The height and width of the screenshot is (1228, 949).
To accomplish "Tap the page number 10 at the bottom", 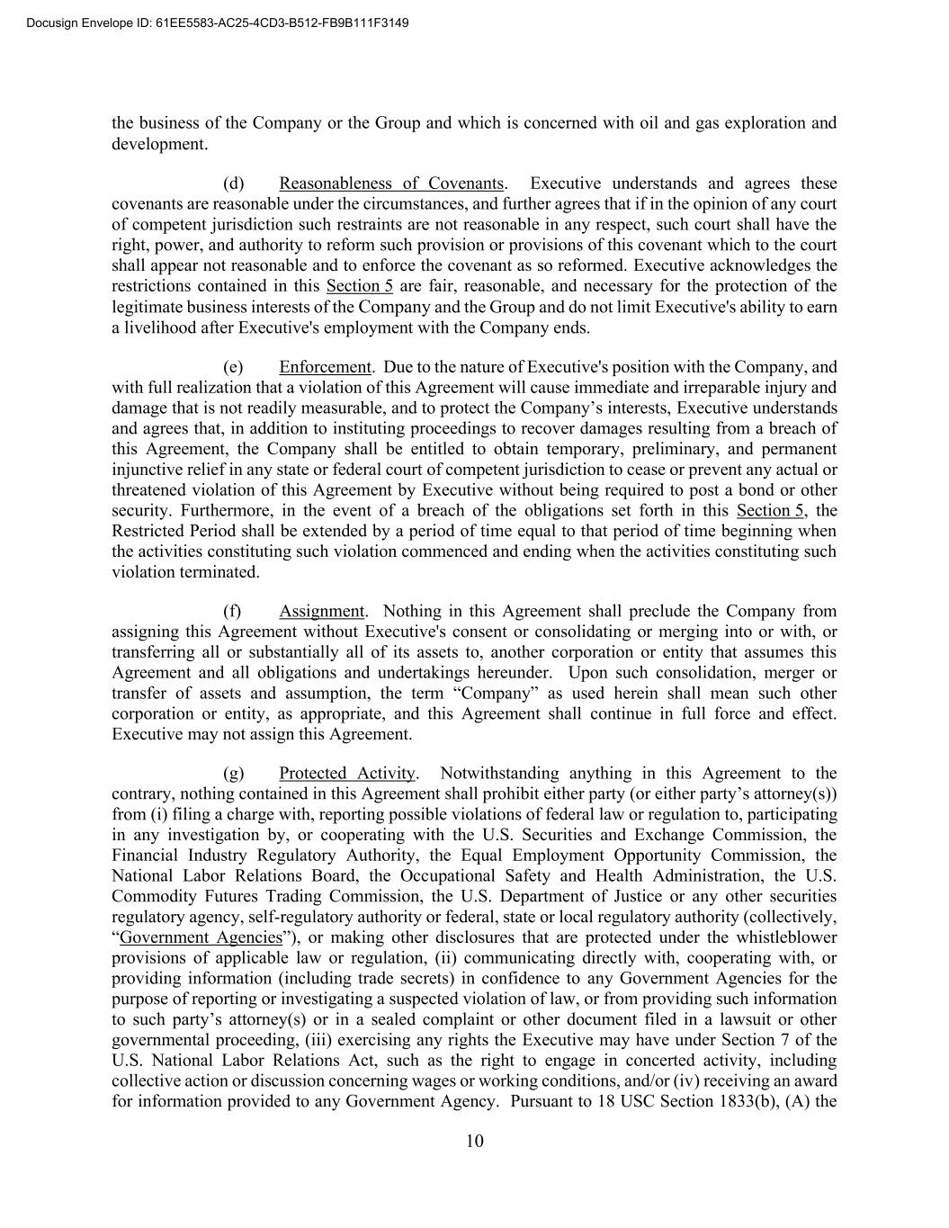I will (x=475, y=1142).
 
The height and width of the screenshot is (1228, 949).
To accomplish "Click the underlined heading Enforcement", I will (x=325, y=367).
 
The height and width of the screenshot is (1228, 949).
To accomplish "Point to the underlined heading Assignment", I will (x=321, y=612).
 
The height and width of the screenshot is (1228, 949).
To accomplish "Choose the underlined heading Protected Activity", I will (x=347, y=774).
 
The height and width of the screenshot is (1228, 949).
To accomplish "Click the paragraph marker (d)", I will (x=233, y=184).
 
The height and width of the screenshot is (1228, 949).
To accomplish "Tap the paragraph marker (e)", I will (x=233, y=367).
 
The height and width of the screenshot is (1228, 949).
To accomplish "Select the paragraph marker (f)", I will (x=232, y=612).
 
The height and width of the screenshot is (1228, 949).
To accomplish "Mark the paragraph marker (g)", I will (x=233, y=774).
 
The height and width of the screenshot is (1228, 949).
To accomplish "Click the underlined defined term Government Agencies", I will (x=201, y=937).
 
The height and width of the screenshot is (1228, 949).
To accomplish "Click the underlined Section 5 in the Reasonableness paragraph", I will (x=359, y=286).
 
